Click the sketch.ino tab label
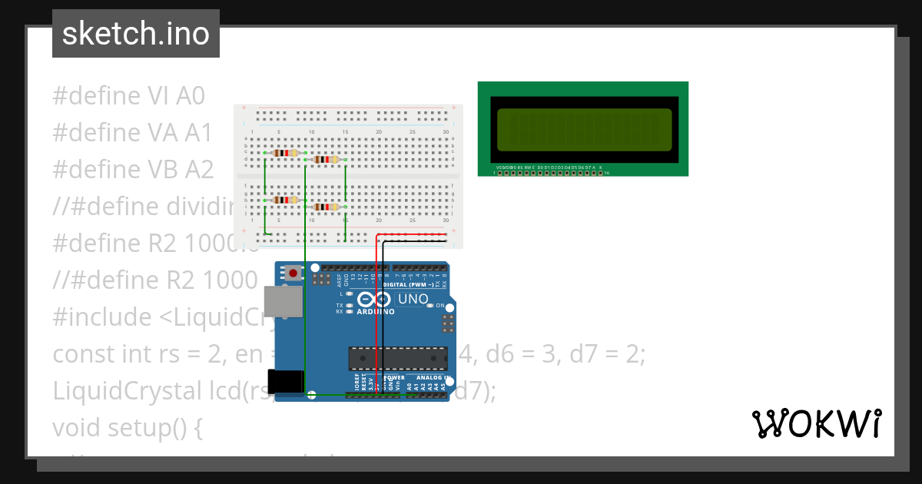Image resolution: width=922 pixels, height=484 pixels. (x=135, y=34)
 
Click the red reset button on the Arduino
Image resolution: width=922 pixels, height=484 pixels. (x=293, y=272)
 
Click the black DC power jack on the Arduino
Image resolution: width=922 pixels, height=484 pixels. (x=285, y=382)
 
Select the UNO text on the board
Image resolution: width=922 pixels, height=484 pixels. (x=413, y=299)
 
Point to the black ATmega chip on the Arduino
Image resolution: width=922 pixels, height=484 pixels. (x=397, y=358)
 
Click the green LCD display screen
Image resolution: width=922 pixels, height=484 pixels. (x=583, y=129)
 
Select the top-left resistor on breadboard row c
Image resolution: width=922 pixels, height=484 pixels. (x=286, y=153)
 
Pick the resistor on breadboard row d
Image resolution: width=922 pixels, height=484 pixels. (x=326, y=160)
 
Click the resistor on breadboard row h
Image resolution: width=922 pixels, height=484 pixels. (x=286, y=201)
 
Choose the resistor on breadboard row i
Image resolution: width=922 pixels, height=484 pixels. (x=326, y=207)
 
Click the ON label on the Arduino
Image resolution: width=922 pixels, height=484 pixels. (x=440, y=305)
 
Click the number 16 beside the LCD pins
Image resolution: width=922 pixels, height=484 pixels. (x=607, y=173)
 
